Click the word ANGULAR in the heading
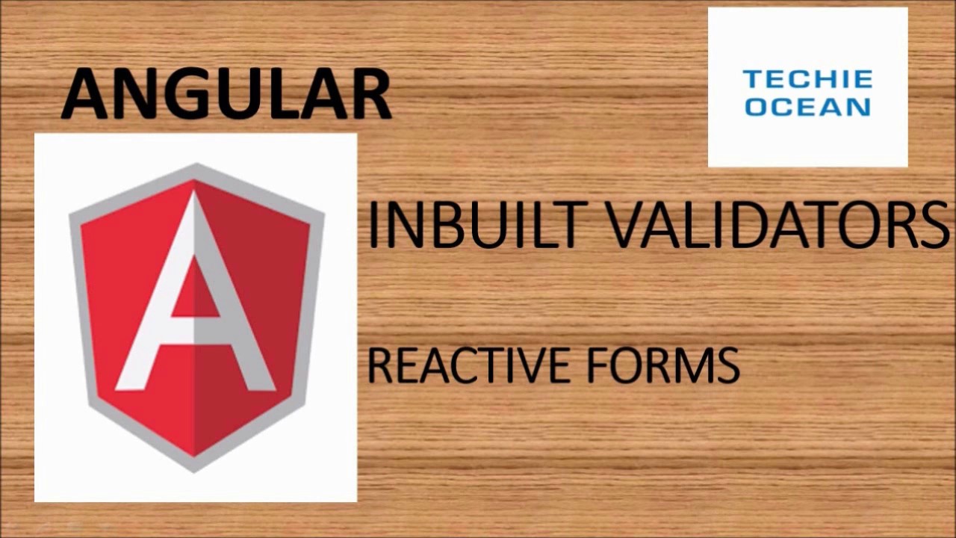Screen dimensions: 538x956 [226, 94]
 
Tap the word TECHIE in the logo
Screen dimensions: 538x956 [807, 79]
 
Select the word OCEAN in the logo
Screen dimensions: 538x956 [807, 107]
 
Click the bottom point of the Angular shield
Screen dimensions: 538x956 [196, 469]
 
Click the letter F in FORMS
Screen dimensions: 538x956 [597, 366]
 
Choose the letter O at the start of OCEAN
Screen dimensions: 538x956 [756, 107]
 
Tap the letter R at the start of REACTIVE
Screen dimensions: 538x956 [378, 366]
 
